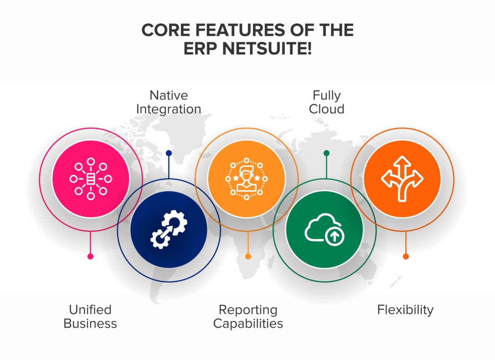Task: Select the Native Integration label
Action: tap(169, 102)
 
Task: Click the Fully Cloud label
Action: tap(326, 102)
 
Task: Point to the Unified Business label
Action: tap(90, 316)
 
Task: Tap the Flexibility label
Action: tap(405, 310)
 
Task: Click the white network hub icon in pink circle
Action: tap(91, 179)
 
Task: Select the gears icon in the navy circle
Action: tap(169, 229)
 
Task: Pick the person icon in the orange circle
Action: tap(246, 179)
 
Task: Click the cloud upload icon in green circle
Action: tap(324, 230)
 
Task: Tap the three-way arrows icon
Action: tap(402, 179)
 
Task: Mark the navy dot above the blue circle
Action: tap(169, 153)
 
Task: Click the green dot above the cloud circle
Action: tap(326, 153)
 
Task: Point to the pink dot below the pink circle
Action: tap(90, 256)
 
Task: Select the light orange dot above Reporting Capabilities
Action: tap(248, 256)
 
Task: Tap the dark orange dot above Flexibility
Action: tap(406, 256)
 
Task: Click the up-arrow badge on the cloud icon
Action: tap(335, 237)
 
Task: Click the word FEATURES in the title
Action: tap(240, 30)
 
